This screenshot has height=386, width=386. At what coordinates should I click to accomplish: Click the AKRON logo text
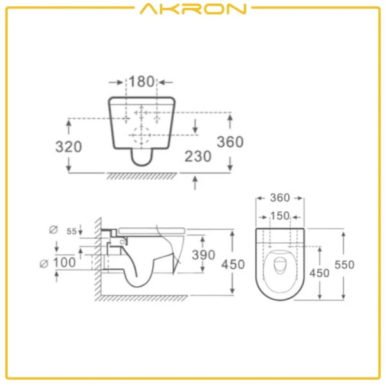tap(192, 9)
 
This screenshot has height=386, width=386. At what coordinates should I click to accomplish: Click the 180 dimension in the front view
tap(141, 82)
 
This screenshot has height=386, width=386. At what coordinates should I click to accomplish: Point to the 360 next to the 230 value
tap(230, 142)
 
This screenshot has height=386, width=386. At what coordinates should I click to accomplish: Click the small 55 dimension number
tap(71, 231)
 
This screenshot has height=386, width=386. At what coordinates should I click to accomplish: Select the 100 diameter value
tap(66, 262)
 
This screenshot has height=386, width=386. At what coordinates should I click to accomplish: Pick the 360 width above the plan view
tap(279, 198)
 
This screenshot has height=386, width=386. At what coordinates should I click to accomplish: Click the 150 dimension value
tap(279, 216)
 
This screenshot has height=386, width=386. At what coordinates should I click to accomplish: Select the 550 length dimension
tap(344, 264)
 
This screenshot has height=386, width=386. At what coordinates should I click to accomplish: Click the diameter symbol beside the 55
tap(52, 229)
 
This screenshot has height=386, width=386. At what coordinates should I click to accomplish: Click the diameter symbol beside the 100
tap(44, 262)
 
